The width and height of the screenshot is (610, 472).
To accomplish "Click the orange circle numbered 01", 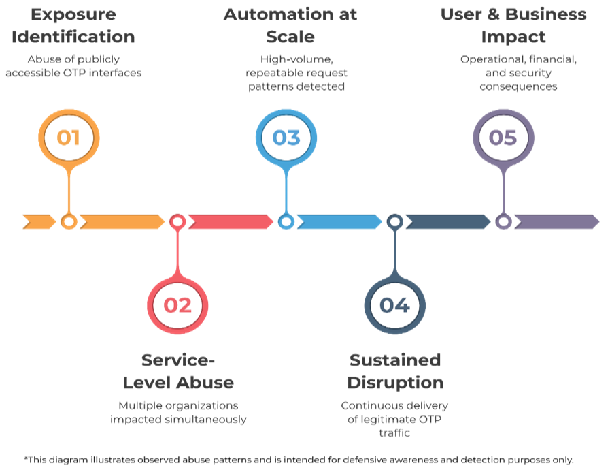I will click(68, 138).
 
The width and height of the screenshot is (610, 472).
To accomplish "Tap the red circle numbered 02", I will click(177, 305).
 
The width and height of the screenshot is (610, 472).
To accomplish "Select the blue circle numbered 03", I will click(286, 138).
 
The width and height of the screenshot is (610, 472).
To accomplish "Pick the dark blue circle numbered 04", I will click(394, 305).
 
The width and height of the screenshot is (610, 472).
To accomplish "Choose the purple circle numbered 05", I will click(503, 138).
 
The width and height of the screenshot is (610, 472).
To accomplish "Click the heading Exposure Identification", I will click(73, 25).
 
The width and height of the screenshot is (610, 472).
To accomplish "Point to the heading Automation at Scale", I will click(290, 25).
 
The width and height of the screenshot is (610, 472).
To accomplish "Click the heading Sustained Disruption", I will click(395, 371).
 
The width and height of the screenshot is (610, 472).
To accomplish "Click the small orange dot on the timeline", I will click(68, 221).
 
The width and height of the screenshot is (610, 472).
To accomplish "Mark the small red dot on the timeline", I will click(177, 221).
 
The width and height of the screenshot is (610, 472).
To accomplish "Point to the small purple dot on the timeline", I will click(503, 221).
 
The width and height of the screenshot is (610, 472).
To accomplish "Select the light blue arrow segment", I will click(338, 221).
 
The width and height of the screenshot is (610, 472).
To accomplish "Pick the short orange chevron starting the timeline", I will click(38, 221).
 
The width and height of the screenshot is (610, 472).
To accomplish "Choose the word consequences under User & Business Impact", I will click(518, 86).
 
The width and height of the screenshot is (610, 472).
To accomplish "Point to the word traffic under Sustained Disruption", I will click(395, 433).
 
